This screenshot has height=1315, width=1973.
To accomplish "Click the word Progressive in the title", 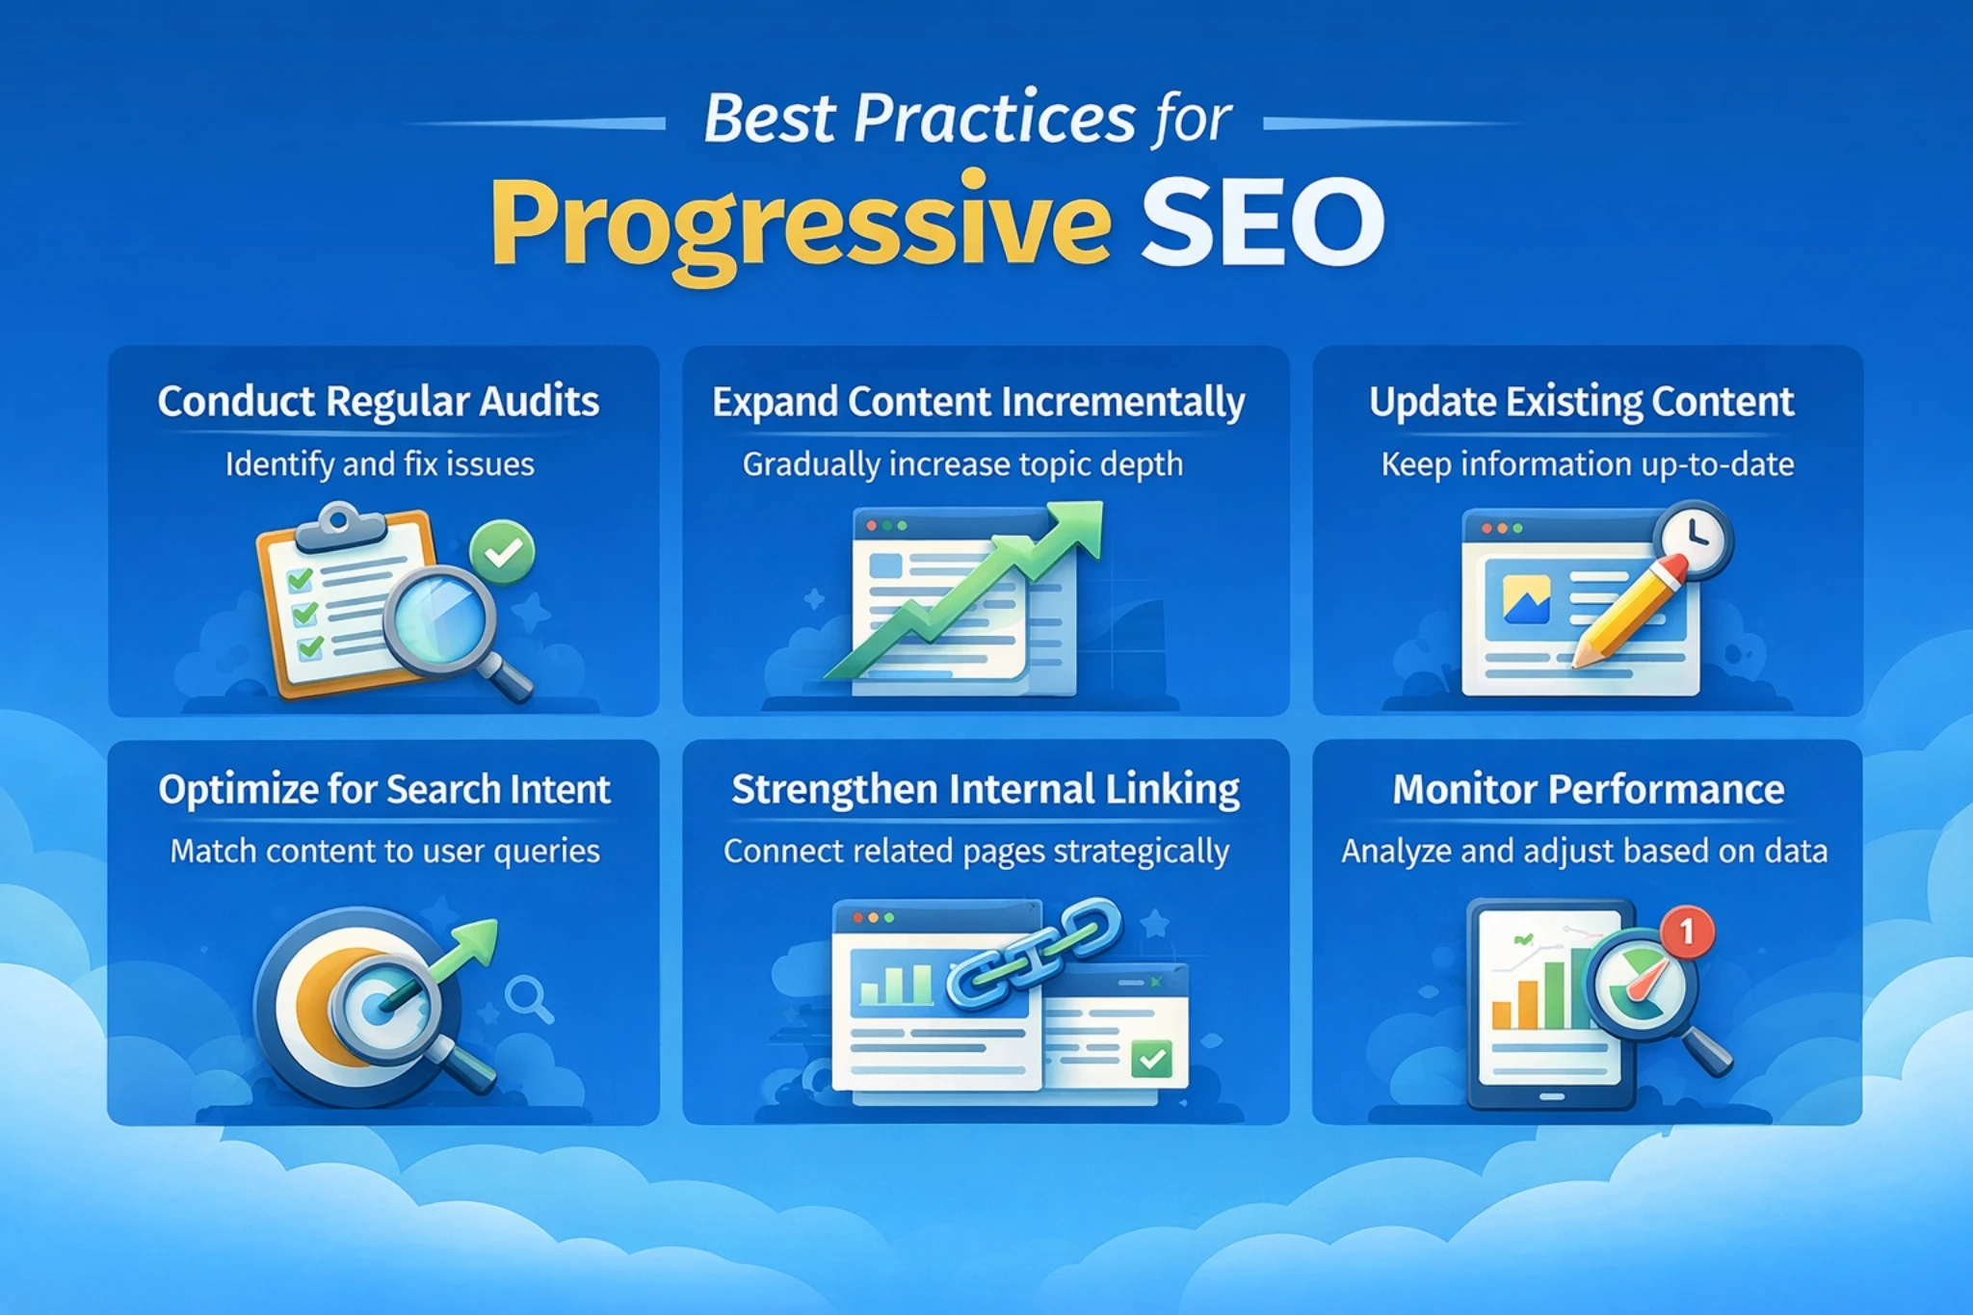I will (800, 224).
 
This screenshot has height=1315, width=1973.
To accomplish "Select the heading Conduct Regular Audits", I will (379, 402).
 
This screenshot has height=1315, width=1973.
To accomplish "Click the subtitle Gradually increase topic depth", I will (962, 464).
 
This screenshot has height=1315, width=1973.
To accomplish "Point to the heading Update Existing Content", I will (1581, 402).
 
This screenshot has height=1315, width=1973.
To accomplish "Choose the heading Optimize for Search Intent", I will (384, 790).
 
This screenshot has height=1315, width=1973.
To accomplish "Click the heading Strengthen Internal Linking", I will (985, 790).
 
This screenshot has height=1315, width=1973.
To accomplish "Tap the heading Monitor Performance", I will (1588, 790).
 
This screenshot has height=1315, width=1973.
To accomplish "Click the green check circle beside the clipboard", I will (502, 552).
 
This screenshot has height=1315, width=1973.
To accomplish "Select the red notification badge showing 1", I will (1686, 932).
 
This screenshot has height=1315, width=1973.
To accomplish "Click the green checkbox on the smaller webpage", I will (1151, 1059).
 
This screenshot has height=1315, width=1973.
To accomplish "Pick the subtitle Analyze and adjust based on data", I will (1584, 852).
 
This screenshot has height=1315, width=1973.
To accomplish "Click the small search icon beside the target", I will (529, 999).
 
